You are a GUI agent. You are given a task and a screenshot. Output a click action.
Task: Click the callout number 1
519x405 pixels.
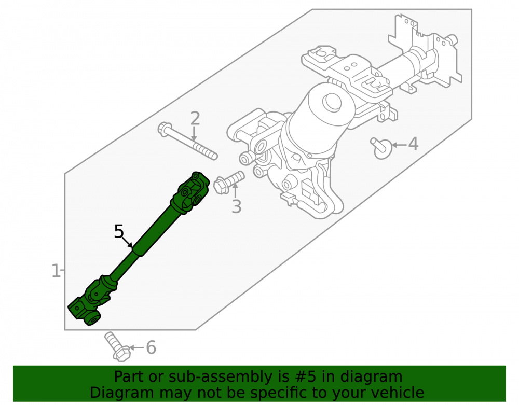pos(56,271)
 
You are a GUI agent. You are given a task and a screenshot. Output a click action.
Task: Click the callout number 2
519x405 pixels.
pos(195,118)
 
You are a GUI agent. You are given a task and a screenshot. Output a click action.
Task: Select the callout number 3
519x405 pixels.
pos(236,206)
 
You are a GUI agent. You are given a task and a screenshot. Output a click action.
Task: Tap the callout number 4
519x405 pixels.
pos(413,144)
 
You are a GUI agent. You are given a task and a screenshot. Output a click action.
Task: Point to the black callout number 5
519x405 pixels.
pos(119,231)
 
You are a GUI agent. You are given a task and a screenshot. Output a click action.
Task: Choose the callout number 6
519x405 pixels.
pos(151,347)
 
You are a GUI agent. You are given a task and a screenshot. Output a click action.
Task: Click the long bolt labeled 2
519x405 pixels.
pos(187,141)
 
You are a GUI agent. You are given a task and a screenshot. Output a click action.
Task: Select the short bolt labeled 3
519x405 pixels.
pos(229,183)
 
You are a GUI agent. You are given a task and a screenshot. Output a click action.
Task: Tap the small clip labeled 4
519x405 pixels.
pos(381,148)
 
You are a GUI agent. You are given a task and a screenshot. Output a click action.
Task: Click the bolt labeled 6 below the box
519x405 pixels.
pos(117,346)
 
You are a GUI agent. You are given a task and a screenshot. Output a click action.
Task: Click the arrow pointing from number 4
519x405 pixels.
pos(399,145)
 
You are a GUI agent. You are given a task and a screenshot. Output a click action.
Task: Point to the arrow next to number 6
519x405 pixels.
pos(136,347)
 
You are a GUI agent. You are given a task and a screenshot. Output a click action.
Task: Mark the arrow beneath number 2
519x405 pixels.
pos(194,134)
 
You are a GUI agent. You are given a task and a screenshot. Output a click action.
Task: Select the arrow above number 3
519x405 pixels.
pos(235,190)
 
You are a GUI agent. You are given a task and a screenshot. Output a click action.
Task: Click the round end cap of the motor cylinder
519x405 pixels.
pos(332,103)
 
